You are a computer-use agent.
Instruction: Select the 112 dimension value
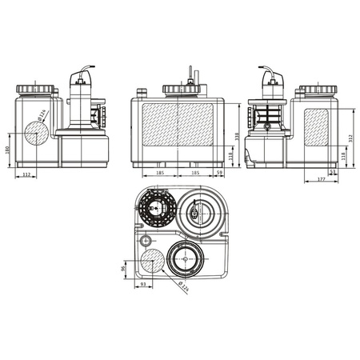tap(26, 176)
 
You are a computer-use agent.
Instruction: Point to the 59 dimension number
tap(220, 172)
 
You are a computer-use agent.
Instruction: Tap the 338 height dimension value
tap(238, 136)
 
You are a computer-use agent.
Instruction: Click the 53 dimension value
tap(333, 172)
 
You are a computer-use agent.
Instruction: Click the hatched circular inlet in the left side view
tap(36, 134)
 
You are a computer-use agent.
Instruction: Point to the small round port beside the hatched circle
tap(146, 241)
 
